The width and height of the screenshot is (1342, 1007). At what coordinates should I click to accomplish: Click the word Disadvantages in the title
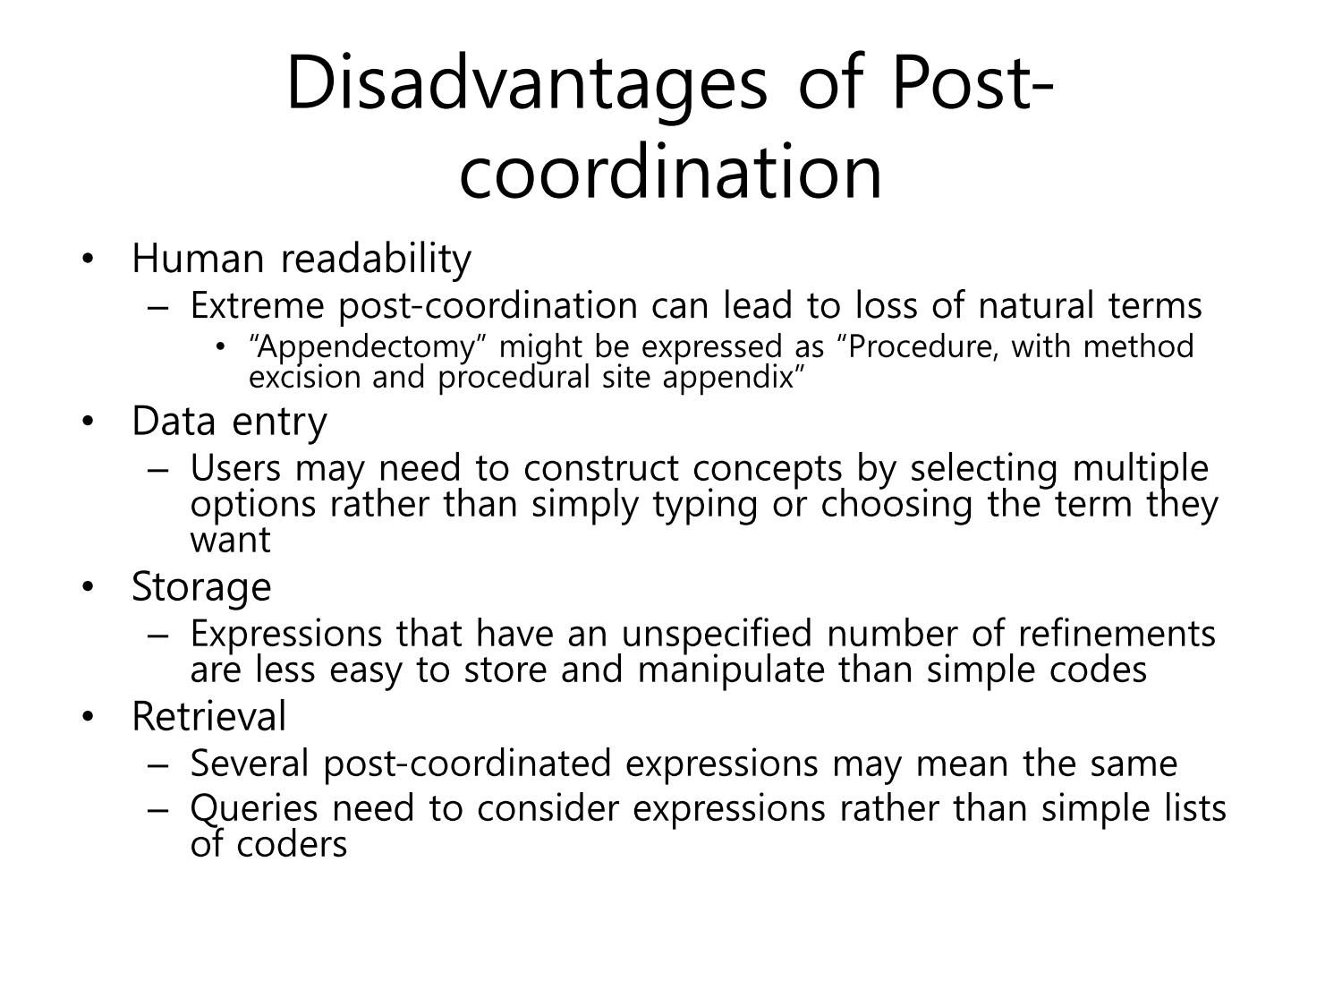pyautogui.click(x=526, y=84)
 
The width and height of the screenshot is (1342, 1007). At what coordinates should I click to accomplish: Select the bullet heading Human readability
pyautogui.click(x=302, y=260)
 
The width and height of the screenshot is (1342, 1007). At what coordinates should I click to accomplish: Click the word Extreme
pyautogui.click(x=257, y=305)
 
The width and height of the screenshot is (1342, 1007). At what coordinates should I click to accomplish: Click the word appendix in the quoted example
pyautogui.click(x=734, y=378)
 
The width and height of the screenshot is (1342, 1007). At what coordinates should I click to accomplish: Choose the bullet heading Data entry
pyautogui.click(x=230, y=422)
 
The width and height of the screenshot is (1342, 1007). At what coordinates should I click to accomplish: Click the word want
pyautogui.click(x=231, y=541)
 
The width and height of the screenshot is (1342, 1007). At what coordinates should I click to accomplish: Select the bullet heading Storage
pyautogui.click(x=202, y=587)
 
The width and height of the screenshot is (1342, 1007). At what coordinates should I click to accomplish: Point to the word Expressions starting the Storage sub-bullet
pyautogui.click(x=286, y=634)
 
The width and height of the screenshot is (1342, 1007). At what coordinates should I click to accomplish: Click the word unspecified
pyautogui.click(x=717, y=634)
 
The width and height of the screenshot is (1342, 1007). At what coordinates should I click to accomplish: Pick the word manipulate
pyautogui.click(x=731, y=670)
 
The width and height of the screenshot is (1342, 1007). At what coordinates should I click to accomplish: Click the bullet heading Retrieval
pyautogui.click(x=209, y=716)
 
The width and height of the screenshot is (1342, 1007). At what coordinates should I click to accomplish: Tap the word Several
pyautogui.click(x=250, y=764)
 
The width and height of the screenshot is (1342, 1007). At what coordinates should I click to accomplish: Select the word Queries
pyautogui.click(x=254, y=809)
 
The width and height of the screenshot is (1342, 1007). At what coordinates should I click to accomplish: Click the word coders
pyautogui.click(x=292, y=845)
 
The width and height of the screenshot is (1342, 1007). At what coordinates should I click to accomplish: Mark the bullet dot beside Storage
pyautogui.click(x=88, y=587)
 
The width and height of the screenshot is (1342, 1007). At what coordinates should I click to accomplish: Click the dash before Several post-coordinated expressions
pyautogui.click(x=157, y=765)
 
